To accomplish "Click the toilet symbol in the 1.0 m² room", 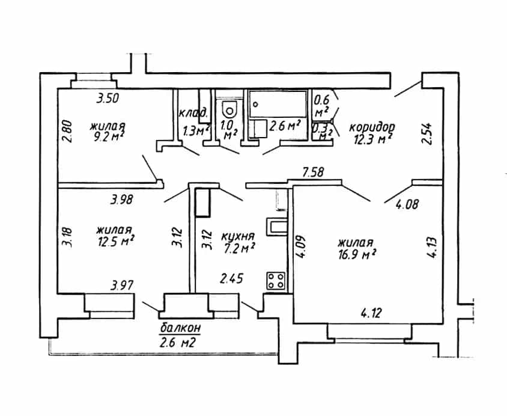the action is [x=229, y=109].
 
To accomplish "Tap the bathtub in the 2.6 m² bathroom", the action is [x=278, y=104].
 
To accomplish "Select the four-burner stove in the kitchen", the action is [x=276, y=281].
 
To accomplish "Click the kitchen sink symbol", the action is [x=277, y=227].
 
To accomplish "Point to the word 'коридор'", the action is [x=372, y=127].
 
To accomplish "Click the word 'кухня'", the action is [x=238, y=236].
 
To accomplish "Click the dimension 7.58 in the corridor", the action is [x=313, y=172].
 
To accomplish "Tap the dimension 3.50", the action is [x=108, y=98].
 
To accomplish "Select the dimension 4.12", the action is [x=371, y=313].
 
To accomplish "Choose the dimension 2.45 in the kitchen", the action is [x=231, y=278].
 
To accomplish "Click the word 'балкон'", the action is [x=180, y=328].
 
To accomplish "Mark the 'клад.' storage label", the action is [x=193, y=113].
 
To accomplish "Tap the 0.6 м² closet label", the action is [x=321, y=105].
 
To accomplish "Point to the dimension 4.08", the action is [x=407, y=204].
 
